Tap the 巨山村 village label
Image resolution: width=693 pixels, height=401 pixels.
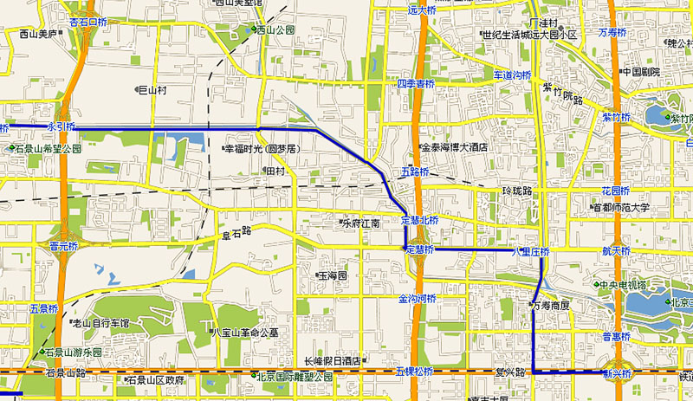[152, 89]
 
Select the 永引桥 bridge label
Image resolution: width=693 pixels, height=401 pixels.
[62, 126]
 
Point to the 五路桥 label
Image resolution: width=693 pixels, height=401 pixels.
[415, 172]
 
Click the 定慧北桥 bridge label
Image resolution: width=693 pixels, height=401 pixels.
[421, 218]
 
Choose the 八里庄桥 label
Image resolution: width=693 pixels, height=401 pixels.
[530, 251]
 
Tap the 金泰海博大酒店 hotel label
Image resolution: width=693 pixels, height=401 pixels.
[454, 148]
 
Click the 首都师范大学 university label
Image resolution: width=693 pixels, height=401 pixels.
[620, 208]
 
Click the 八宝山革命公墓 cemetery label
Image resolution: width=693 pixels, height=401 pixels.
[247, 332]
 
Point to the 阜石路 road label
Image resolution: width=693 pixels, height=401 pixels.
[236, 231]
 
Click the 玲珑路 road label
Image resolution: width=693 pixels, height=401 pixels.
[516, 190]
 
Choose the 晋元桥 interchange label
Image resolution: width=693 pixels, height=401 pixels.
[64, 246]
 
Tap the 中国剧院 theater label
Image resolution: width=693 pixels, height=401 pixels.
[641, 71]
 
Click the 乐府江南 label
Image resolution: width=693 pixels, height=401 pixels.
[361, 223]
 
